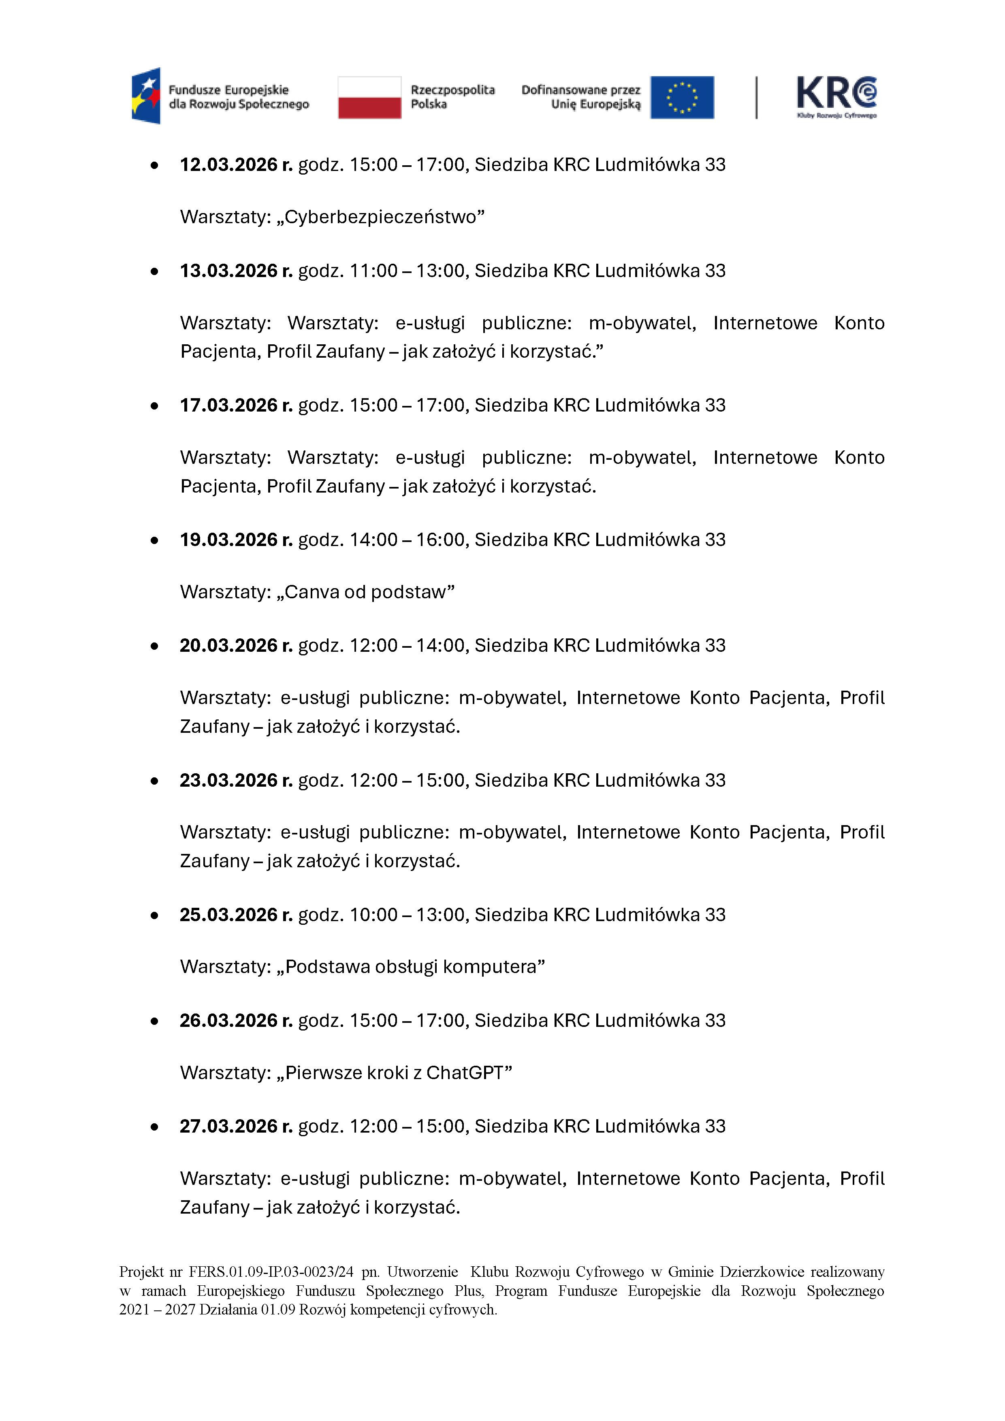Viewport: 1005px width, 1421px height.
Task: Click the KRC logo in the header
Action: (x=836, y=97)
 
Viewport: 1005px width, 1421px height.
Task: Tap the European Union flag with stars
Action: (x=682, y=97)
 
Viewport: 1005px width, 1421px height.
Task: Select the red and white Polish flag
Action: (x=369, y=97)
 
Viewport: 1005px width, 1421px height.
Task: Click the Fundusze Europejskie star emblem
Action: (x=146, y=96)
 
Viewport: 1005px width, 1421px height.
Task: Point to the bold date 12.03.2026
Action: (x=228, y=164)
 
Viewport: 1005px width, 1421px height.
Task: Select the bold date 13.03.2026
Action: (x=228, y=271)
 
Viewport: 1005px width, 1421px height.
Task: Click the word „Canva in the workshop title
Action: (x=307, y=592)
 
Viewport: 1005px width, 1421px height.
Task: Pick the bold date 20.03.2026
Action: (x=228, y=646)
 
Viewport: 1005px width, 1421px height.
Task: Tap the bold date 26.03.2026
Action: (x=228, y=1020)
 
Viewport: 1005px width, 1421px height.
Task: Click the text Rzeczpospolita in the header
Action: (x=452, y=90)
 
